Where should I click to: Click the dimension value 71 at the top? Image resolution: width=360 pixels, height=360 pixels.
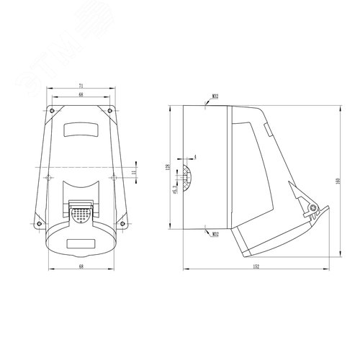[x=80, y=86]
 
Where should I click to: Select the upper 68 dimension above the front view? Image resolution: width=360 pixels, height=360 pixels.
[x=80, y=94]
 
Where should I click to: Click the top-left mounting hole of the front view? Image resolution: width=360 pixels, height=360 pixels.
[x=50, y=110]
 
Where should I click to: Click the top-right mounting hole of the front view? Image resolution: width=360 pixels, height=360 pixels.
[x=110, y=110]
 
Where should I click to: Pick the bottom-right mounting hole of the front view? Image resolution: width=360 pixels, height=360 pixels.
[x=122, y=222]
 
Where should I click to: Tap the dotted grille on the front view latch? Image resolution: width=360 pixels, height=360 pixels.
[x=80, y=212]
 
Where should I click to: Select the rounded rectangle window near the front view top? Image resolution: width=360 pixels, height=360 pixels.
[x=80, y=130]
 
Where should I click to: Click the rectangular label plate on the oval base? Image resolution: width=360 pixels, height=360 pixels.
[x=80, y=243]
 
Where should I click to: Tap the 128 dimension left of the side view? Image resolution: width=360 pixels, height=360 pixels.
[x=168, y=168]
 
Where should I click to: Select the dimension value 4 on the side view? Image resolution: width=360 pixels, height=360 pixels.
[x=194, y=156]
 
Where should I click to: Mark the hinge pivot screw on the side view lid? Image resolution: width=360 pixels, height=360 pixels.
[x=310, y=210]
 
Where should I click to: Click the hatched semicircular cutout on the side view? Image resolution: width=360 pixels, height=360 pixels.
[x=189, y=178]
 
